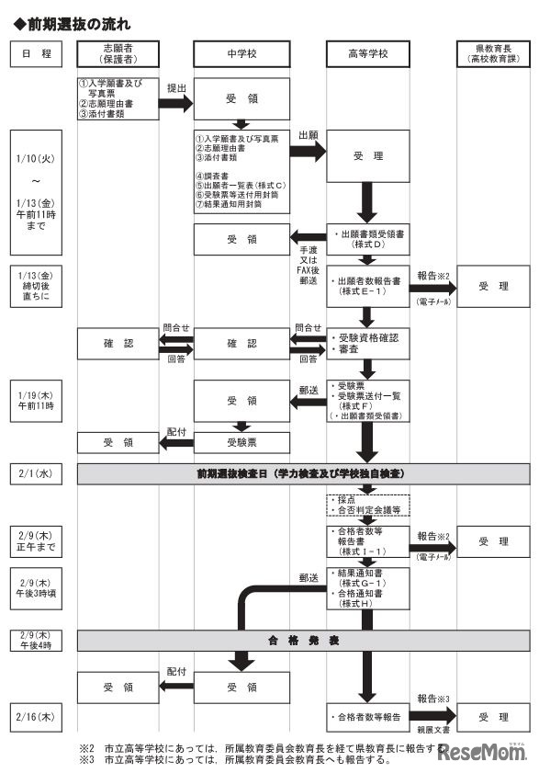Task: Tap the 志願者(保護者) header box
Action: coord(118,54)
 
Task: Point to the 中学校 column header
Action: coord(242,54)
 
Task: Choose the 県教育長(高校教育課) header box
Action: coord(493,54)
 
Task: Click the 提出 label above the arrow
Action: coord(176,87)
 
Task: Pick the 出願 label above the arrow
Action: coord(309,135)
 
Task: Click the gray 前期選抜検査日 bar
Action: coord(303,473)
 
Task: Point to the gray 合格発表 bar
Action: coord(303,637)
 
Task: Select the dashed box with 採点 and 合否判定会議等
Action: coord(367,504)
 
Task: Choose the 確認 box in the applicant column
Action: coord(118,343)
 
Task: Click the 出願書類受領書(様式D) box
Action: coord(367,240)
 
